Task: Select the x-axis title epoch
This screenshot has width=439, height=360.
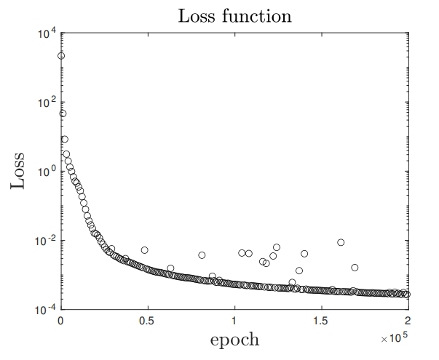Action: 234,339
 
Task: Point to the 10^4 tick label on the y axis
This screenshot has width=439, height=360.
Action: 46,33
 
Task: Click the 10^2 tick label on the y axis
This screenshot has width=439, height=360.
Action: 46,103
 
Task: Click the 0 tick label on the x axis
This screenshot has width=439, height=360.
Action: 61,320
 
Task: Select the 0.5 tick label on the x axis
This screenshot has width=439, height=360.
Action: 147,320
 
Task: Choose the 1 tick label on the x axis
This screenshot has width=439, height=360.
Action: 234,320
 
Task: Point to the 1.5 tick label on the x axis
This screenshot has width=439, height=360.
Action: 320,320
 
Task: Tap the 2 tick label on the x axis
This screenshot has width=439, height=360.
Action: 408,320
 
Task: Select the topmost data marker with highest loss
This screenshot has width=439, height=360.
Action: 61,56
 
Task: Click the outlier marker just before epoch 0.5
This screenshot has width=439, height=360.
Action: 145,250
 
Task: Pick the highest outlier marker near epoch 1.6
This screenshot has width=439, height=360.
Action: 341,242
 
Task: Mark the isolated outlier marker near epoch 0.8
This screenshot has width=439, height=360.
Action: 202,255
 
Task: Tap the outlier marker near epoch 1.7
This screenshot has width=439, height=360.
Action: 355,268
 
